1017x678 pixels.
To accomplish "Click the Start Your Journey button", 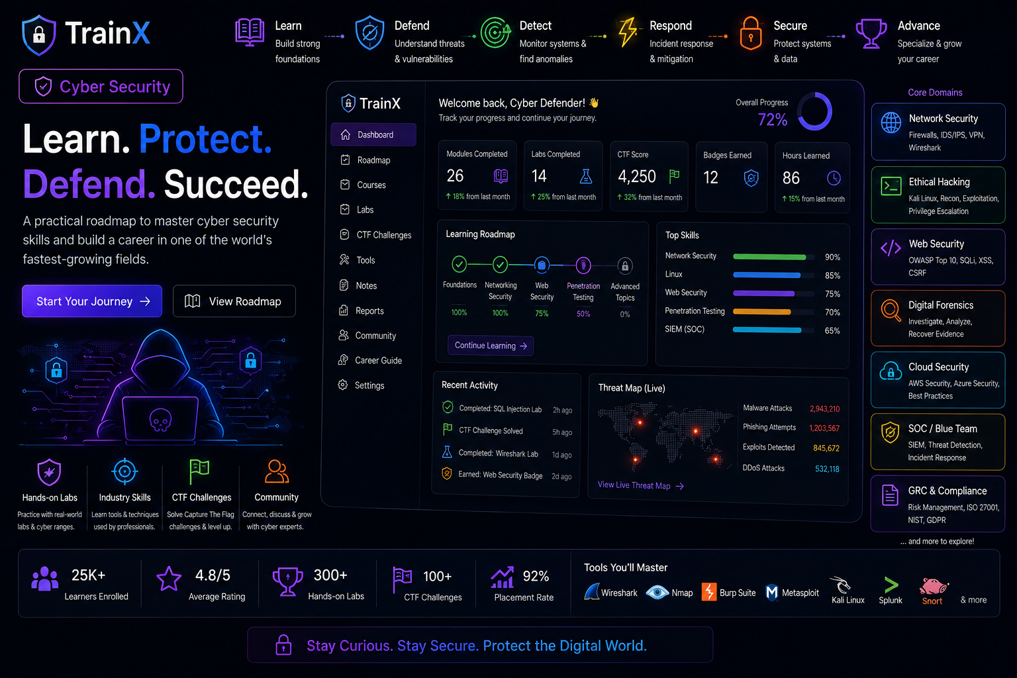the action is pos(92,301).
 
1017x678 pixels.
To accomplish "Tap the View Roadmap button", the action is pos(234,301).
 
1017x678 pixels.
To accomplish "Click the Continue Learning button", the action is pos(491,346).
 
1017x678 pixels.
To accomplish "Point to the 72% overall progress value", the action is pos(772,120).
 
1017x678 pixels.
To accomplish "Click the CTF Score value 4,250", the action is pos(636,176).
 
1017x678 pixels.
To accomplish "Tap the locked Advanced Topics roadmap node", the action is pos(625,266).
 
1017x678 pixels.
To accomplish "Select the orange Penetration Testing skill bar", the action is pos(762,312).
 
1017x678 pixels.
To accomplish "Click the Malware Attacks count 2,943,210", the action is pos(824,409).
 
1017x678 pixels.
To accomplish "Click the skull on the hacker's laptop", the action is pos(161,419).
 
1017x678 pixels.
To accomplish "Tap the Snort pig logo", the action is pos(933,586).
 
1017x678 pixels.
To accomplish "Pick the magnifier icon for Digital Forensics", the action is pos(891,311).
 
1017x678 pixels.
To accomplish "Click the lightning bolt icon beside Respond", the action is pos(628,32).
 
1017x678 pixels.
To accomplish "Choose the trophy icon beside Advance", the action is pos(871,33).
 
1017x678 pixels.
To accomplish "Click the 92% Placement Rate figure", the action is pos(536,576).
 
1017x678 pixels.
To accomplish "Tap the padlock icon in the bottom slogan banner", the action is pos(284,645).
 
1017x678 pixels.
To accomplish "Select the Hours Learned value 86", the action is pos(791,178).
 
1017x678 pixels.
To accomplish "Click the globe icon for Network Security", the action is pos(891,122).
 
